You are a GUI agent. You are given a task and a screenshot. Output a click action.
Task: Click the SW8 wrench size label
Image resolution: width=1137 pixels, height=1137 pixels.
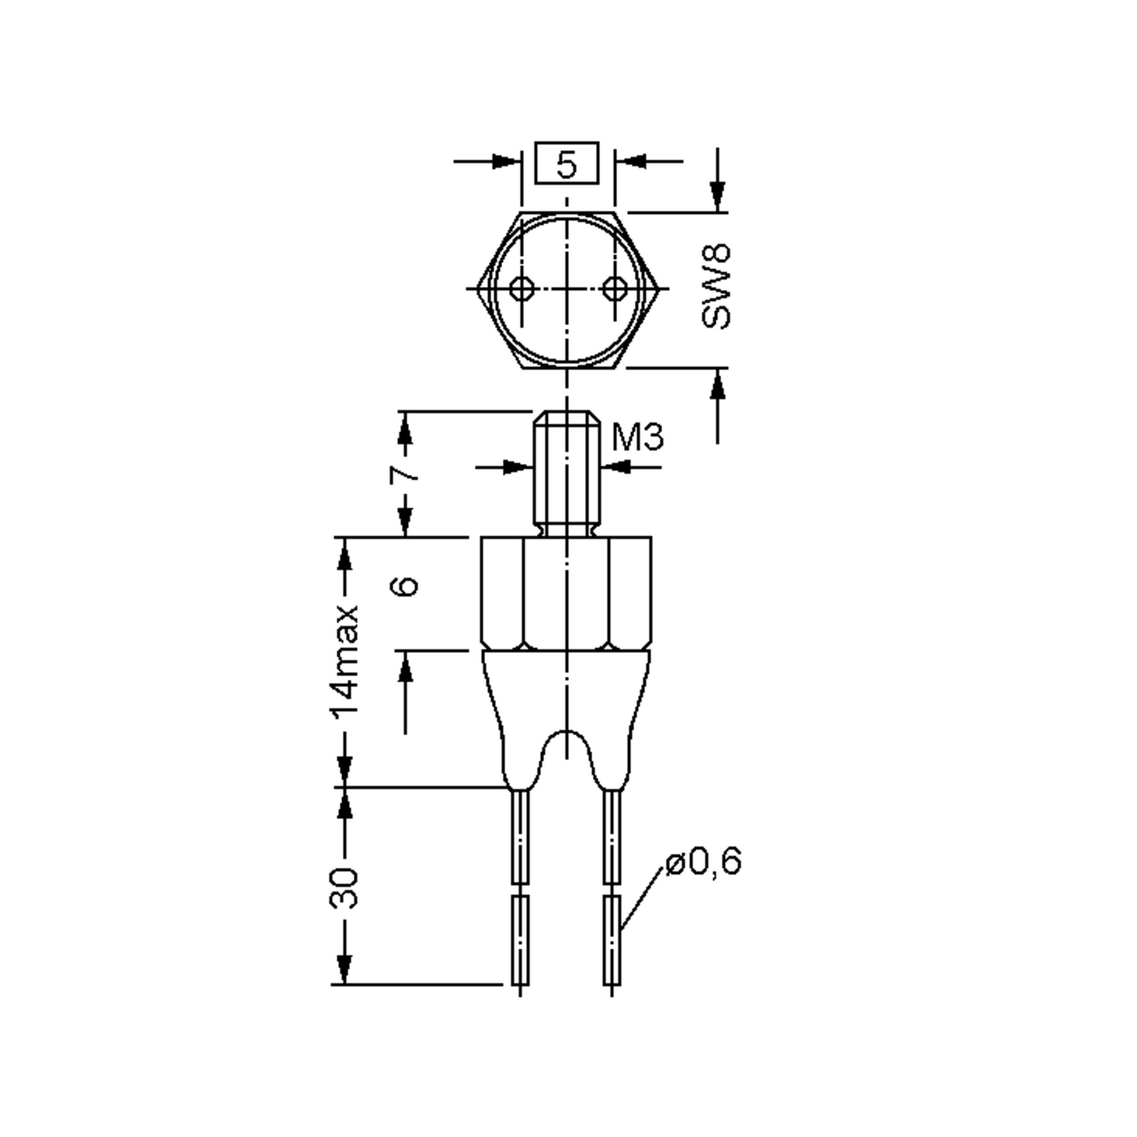coord(716,287)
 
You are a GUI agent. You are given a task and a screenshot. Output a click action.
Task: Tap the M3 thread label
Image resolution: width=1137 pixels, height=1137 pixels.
coord(637,437)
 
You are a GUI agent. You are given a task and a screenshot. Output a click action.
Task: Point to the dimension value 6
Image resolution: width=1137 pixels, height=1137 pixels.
coord(406,586)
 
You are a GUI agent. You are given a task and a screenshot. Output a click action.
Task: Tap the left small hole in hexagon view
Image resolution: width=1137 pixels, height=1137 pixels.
coord(521,289)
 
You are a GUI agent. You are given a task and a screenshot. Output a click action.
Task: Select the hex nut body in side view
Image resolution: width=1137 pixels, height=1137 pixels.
coord(566,593)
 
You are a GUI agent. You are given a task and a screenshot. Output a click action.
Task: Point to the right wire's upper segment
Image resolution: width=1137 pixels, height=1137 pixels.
coord(613,836)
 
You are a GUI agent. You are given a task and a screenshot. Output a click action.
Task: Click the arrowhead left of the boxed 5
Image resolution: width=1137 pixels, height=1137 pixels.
coord(506,161)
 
